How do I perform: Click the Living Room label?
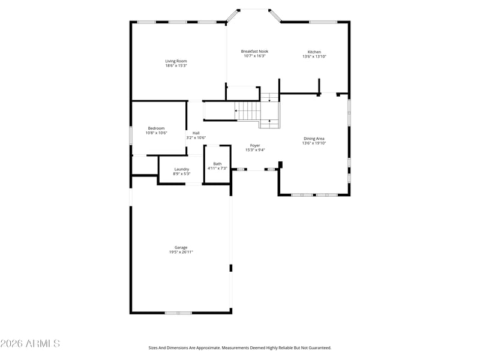[x=176, y=61]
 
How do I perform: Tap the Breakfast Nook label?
[x=254, y=52]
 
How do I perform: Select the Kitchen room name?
[x=314, y=52]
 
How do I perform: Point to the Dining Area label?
[x=314, y=139]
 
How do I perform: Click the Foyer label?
[x=255, y=146]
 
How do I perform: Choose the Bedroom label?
[x=156, y=128]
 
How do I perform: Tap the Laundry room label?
[x=182, y=169]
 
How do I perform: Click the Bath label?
[x=217, y=164]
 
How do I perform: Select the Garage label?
[x=181, y=247]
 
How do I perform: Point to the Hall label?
[x=196, y=133]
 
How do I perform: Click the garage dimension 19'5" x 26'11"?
[x=181, y=252]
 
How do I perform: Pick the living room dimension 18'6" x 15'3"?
[x=176, y=65]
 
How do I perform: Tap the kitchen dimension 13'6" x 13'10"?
[x=314, y=56]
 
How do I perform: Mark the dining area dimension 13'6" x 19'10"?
[x=314, y=143]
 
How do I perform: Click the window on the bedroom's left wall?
[x=131, y=136]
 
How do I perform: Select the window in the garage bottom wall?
[x=178, y=313]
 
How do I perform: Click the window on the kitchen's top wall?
[x=323, y=22]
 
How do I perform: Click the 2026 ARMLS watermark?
[x=30, y=343]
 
